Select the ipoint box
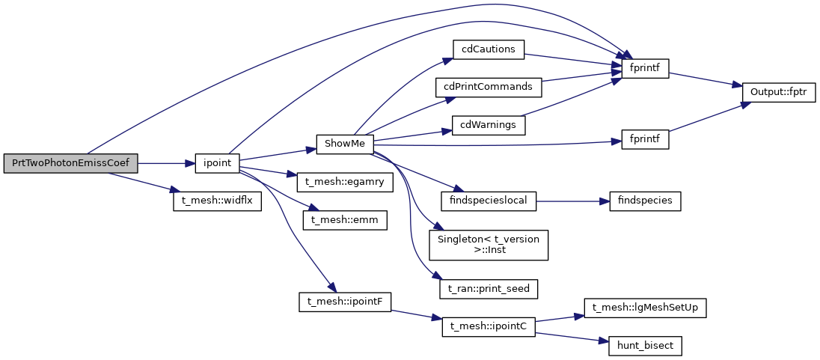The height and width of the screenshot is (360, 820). (x=216, y=163)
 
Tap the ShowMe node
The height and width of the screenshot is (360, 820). (x=344, y=144)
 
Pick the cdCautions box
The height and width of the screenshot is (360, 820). (x=489, y=49)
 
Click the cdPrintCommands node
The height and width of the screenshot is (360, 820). (x=488, y=87)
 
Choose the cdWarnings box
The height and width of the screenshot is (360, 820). (x=489, y=125)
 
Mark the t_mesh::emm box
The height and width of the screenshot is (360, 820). (x=344, y=220)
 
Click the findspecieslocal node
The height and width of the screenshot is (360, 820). (x=489, y=201)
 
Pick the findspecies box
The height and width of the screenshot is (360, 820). (x=645, y=201)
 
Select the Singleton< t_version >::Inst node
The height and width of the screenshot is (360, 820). (x=489, y=244)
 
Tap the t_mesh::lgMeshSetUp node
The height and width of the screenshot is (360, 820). (x=645, y=308)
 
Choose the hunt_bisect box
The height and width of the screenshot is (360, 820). (x=645, y=346)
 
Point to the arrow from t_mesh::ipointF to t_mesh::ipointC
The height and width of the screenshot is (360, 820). (x=416, y=314)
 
